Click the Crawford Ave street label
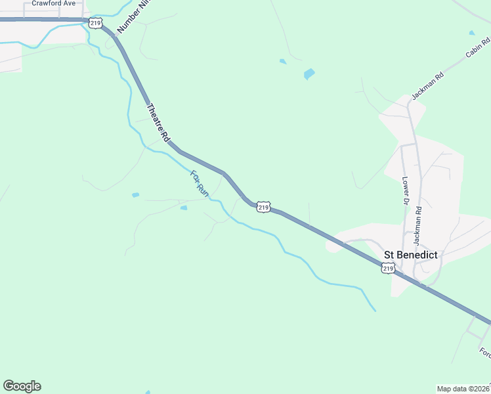(x=53, y=3)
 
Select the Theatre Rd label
(x=158, y=123)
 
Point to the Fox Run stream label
(x=200, y=184)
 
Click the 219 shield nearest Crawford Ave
(x=95, y=23)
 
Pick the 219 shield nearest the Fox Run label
(x=263, y=207)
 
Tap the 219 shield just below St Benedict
(x=388, y=268)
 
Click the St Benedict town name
(x=410, y=255)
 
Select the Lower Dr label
(x=406, y=190)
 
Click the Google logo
(x=22, y=386)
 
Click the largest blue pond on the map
(x=309, y=74)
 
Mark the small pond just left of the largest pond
(x=283, y=62)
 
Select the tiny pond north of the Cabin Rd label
(x=471, y=32)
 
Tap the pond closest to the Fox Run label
(x=184, y=208)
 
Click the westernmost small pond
(x=135, y=195)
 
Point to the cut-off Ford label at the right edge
(x=486, y=353)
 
